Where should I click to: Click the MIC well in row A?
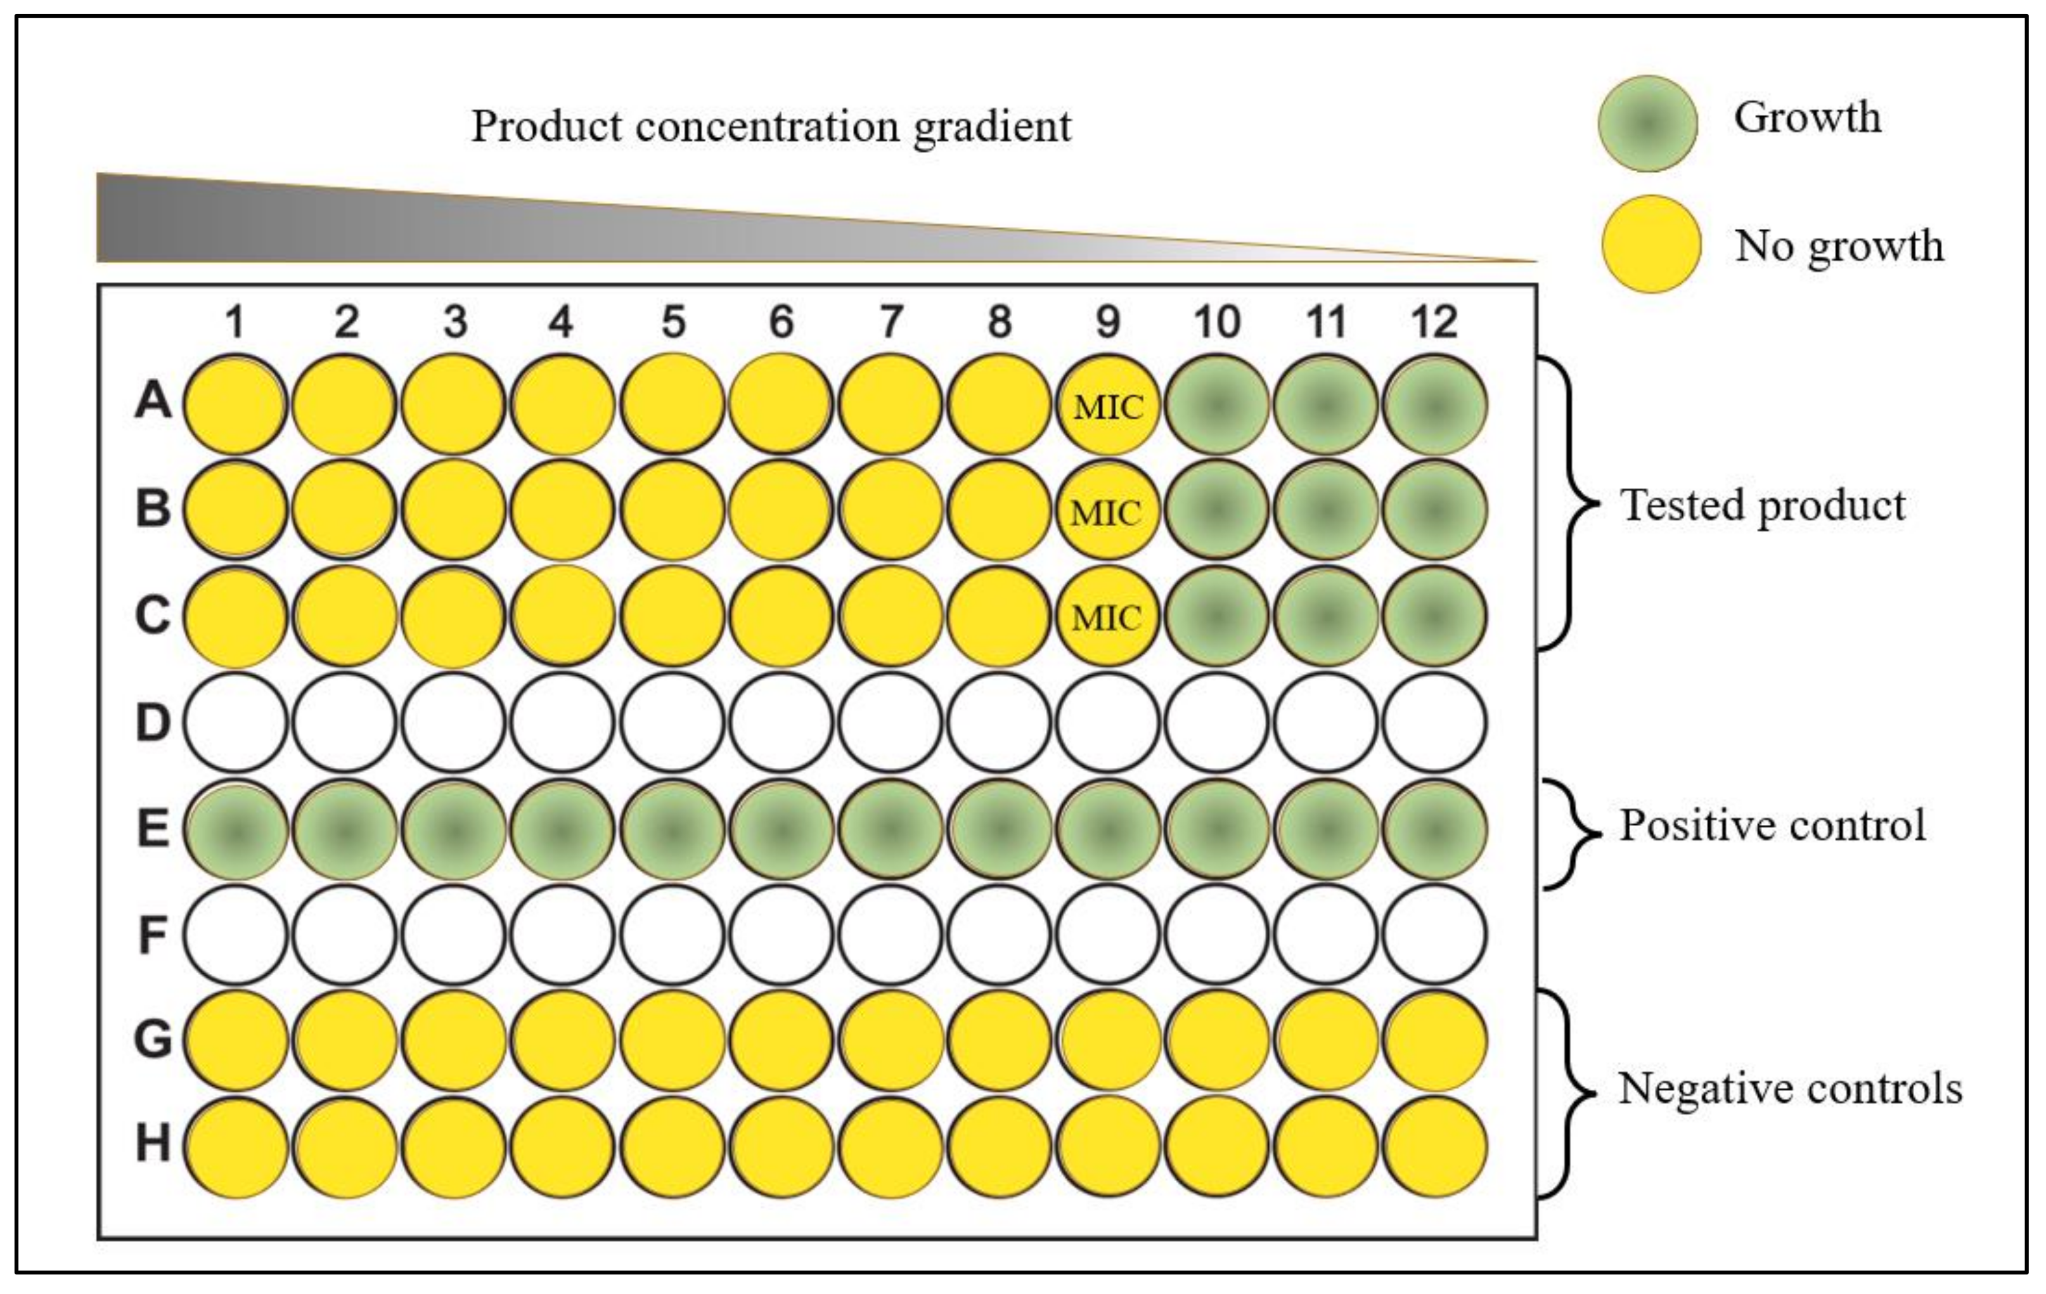pyautogui.click(x=1107, y=405)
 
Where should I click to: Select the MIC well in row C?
pyautogui.click(x=1107, y=617)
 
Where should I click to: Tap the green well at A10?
pyautogui.click(x=1217, y=405)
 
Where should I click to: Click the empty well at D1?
pyautogui.click(x=235, y=722)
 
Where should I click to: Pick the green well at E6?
pyautogui.click(x=781, y=829)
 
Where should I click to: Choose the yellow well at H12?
pyautogui.click(x=1435, y=1146)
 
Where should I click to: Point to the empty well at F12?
pyautogui.click(x=1435, y=934)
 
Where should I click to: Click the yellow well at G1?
pyautogui.click(x=235, y=1040)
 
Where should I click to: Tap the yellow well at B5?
pyautogui.click(x=672, y=510)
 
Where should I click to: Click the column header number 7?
pyautogui.click(x=890, y=322)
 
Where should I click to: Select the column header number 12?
pyautogui.click(x=1434, y=322)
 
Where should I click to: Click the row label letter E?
pyautogui.click(x=153, y=829)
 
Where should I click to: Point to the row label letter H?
pyautogui.click(x=153, y=1144)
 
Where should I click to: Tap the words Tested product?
pyautogui.click(x=1763, y=505)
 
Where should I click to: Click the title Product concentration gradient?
pyautogui.click(x=771, y=127)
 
